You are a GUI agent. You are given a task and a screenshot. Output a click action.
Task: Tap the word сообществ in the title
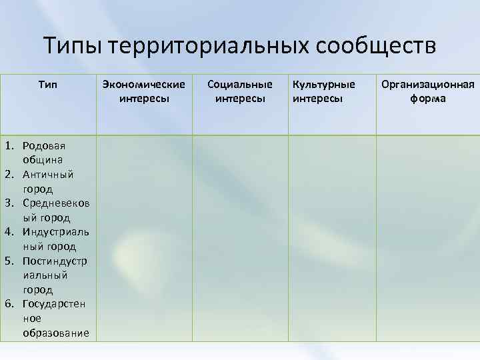click(376, 46)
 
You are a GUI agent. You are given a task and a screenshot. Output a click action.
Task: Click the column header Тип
click(48, 85)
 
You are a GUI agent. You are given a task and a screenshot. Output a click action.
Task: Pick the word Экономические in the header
click(144, 85)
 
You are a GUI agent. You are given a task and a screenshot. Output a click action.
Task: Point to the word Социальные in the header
click(240, 85)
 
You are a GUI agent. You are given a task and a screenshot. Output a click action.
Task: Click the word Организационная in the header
click(427, 85)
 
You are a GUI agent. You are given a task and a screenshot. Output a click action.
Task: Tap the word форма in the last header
click(427, 99)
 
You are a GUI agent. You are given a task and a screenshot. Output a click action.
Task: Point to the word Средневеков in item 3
click(55, 203)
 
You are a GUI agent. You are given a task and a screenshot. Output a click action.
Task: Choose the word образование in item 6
click(55, 333)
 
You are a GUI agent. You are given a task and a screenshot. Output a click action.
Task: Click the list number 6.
click(10, 304)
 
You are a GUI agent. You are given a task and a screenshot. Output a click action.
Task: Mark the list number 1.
click(10, 145)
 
